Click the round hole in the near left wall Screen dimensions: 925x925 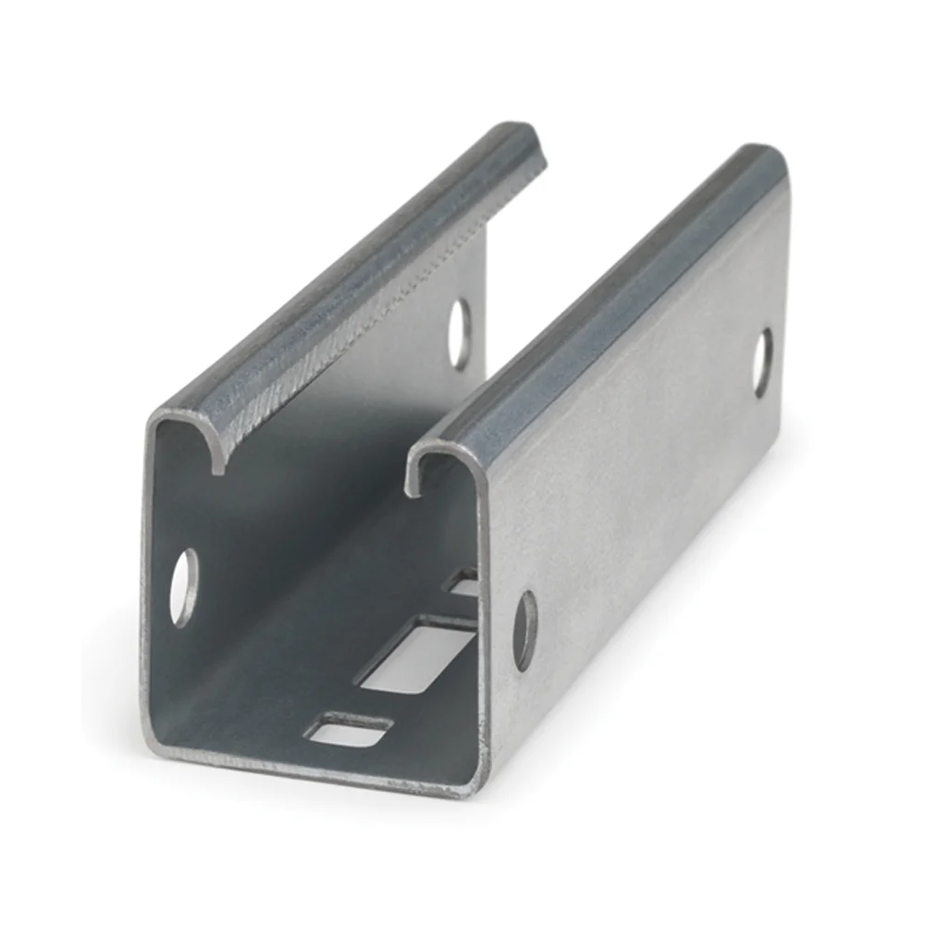[184, 586]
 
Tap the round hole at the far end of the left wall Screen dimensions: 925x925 [459, 334]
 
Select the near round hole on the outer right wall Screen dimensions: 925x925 [524, 630]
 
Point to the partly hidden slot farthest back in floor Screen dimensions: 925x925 [463, 583]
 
